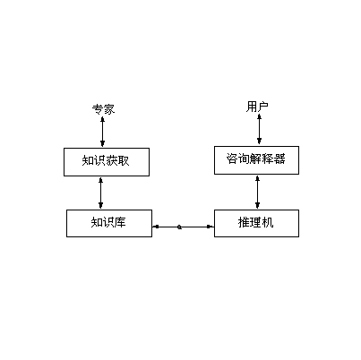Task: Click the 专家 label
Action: [x=103, y=109]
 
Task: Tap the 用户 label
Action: [x=257, y=107]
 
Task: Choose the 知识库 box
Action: [x=108, y=222]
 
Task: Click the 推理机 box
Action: [x=255, y=222]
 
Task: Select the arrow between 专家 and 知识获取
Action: [x=103, y=133]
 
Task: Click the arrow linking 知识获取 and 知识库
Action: [x=100, y=193]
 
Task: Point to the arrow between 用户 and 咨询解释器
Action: [x=260, y=129]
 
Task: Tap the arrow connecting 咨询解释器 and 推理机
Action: [x=258, y=191]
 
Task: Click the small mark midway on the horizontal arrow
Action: [x=181, y=227]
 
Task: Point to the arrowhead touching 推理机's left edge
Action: [x=211, y=227]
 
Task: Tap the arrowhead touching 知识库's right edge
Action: [x=155, y=227]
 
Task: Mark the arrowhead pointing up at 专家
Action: [x=103, y=120]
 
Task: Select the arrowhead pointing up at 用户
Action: [x=260, y=117]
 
